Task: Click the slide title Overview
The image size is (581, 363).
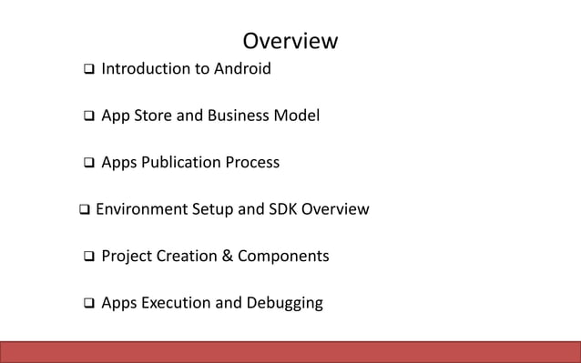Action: coord(290,42)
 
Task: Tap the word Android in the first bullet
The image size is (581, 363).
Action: coord(241,68)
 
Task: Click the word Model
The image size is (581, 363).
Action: coord(300,116)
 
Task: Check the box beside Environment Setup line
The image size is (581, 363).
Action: coord(84,210)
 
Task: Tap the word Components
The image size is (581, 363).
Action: coord(283,257)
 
